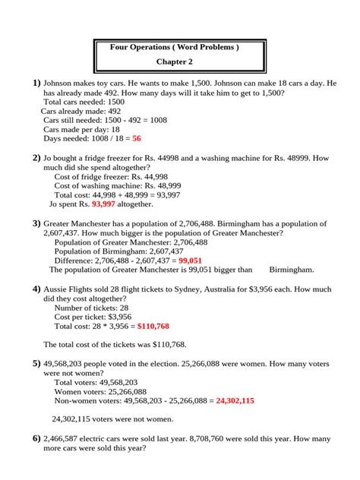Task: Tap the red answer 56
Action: click(137, 140)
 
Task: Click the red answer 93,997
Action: click(103, 204)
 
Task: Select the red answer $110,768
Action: click(153, 326)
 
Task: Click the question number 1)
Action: click(36, 82)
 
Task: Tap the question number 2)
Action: click(36, 158)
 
